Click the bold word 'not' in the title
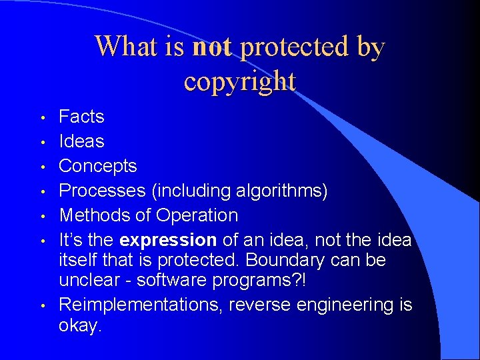coord(212,47)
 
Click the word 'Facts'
coord(81,117)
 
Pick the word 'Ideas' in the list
coord(81,141)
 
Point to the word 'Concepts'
coord(98,166)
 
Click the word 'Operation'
coord(197,215)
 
